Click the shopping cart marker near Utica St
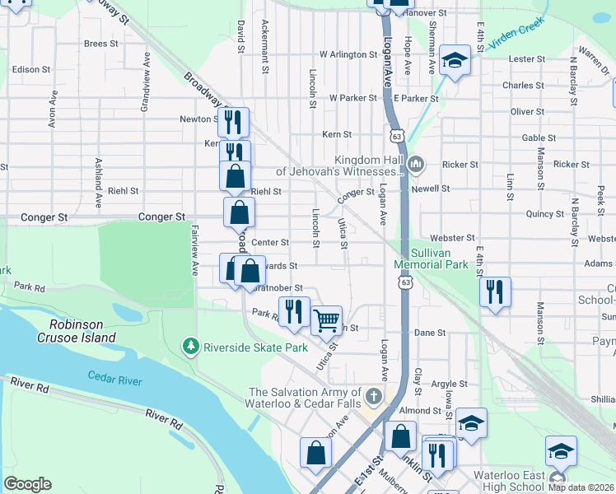tap(327, 320)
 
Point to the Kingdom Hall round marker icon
tap(416, 165)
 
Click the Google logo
tap(27, 484)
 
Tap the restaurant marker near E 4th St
tap(495, 292)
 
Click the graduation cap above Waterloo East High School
tap(561, 451)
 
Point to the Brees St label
tap(100, 44)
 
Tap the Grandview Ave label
tap(145, 72)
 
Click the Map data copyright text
tap(581, 487)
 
